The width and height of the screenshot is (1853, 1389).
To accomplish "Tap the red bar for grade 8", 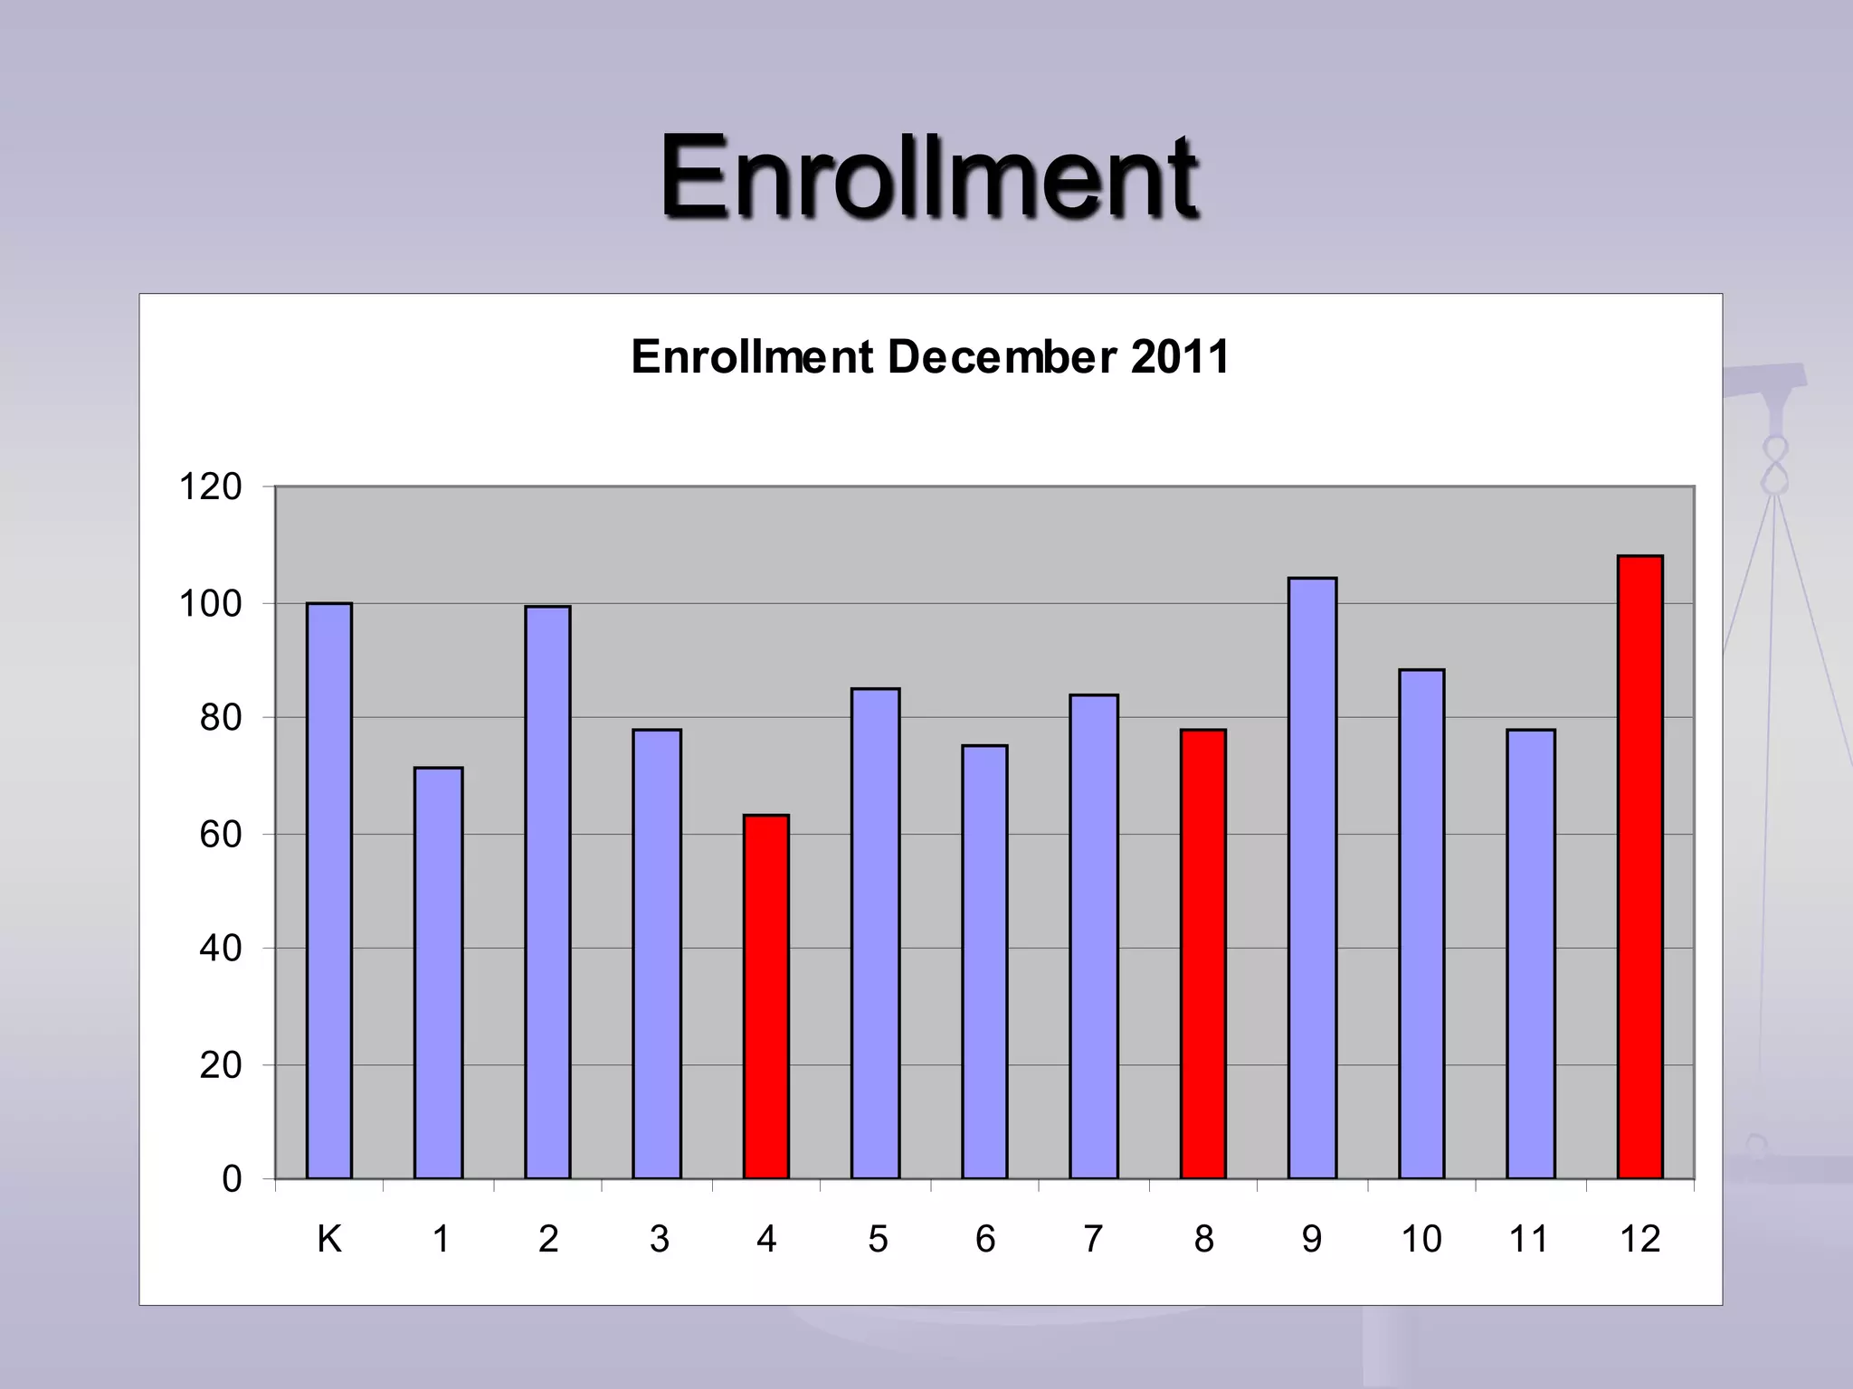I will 1202,953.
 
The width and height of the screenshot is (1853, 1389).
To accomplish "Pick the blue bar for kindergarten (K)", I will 329,891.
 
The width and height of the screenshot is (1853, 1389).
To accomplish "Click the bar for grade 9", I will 1312,877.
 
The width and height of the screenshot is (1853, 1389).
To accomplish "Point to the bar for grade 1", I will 439,973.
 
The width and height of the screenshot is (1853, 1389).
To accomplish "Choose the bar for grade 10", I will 1421,923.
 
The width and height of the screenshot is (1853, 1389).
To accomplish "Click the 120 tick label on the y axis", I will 211,487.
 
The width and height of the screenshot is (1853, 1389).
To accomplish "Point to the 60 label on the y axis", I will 221,835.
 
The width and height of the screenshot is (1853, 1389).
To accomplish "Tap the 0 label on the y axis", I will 232,1179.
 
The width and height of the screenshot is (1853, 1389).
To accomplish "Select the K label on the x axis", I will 329,1239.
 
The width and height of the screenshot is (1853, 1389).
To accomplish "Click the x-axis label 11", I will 1529,1239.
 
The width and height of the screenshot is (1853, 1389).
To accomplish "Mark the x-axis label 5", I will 878,1239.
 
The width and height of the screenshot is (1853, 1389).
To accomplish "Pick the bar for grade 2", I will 547,892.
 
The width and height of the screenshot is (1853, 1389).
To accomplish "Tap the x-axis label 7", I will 1093,1239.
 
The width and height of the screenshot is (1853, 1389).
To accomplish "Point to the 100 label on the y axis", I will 211,604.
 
